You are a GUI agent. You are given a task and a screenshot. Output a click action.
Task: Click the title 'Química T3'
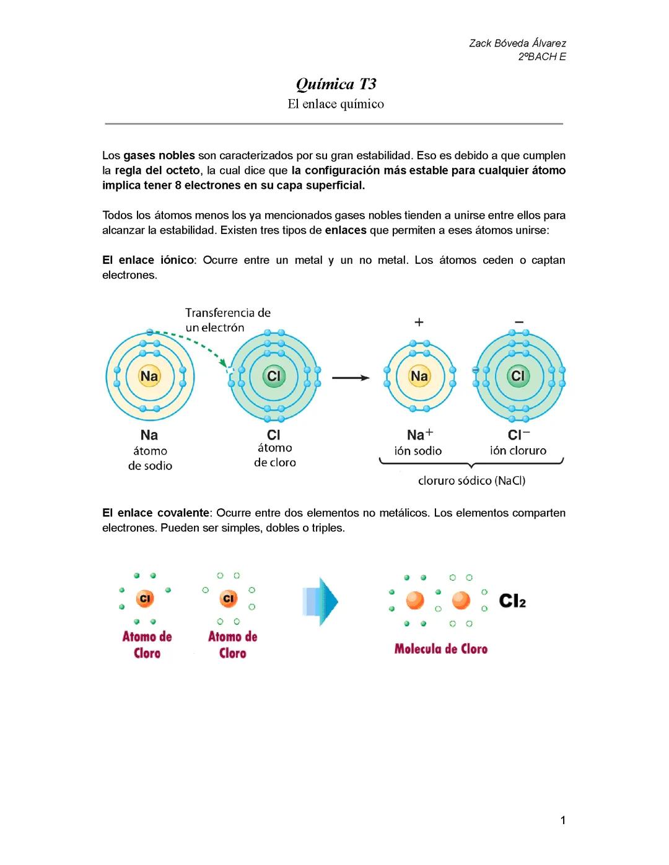coord(336,84)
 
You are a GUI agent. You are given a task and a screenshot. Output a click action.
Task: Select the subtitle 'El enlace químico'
coord(335,104)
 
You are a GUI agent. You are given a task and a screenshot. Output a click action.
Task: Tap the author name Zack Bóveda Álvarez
coord(517,43)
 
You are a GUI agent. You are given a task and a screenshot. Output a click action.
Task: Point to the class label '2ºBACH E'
coord(542,57)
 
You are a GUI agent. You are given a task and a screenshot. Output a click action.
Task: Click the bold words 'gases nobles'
coord(159,155)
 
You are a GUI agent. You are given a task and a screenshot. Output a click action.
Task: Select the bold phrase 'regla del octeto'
coord(157,170)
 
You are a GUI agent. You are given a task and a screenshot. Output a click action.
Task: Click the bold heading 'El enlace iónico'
coord(148,260)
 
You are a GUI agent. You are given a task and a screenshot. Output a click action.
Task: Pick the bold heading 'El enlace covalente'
coord(156,513)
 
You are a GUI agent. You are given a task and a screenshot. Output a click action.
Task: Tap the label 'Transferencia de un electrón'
coord(227,320)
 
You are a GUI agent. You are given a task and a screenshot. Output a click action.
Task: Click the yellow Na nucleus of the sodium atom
coord(149,376)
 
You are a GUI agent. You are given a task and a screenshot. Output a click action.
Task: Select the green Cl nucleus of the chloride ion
coord(517,376)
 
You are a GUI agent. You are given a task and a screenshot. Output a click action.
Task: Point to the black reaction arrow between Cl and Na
coord(351,377)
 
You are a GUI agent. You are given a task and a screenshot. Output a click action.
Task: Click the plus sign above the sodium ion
coord(419,322)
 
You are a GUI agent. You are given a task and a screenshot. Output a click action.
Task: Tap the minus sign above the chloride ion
coord(519,322)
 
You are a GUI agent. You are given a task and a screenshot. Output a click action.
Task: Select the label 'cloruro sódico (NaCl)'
coord(471,480)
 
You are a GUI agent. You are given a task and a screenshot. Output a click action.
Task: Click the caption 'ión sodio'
coord(418,451)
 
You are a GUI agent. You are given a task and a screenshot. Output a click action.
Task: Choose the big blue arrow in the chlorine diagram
coord(320,601)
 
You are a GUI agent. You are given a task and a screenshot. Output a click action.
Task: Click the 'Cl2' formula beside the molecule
coord(512,601)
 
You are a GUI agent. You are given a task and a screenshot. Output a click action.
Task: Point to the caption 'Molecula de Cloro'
coord(441,649)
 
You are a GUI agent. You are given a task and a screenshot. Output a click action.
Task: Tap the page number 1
coord(562,820)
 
